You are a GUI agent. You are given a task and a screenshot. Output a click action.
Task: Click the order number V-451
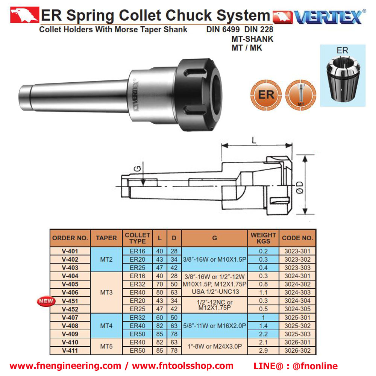tap(70, 301)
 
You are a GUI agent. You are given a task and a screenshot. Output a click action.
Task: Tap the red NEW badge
tap(46, 301)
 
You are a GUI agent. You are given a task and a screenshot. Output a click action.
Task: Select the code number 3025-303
tap(297, 334)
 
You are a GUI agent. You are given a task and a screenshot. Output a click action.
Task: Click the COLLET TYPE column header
tap(137, 238)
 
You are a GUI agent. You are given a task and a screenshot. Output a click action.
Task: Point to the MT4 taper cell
tap(106, 326)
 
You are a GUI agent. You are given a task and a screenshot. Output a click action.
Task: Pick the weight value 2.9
tap(263, 350)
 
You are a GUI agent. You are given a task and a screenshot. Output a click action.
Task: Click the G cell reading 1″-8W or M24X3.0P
tap(214, 347)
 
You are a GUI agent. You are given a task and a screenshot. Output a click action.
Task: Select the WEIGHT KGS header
tap(263, 238)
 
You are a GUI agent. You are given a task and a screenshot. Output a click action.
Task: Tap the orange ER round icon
tap(266, 95)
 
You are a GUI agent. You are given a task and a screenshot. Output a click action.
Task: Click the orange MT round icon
tap(301, 95)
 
